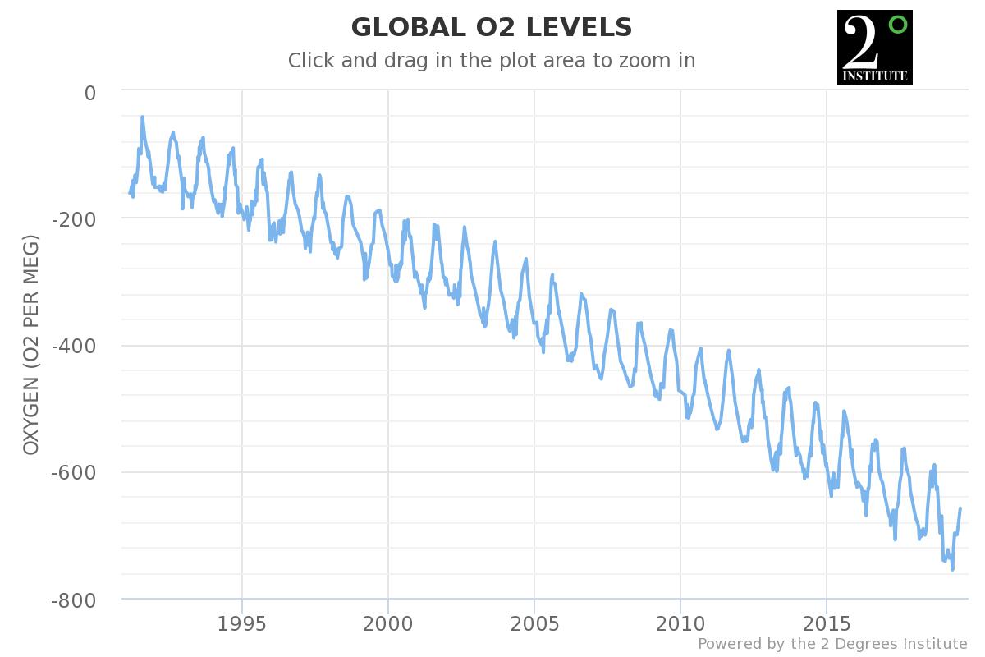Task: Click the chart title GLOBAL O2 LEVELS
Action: point(492,28)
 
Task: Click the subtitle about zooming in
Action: point(492,61)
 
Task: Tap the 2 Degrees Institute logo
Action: point(874,48)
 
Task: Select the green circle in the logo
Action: point(897,24)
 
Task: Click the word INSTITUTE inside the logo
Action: point(874,76)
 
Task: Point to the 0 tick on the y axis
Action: point(90,93)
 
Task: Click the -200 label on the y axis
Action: point(74,219)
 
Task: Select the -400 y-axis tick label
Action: point(74,346)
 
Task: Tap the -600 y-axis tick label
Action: point(74,473)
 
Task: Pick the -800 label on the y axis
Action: point(74,600)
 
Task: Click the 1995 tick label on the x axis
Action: point(242,622)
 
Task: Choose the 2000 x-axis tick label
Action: point(388,622)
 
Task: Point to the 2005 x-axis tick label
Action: point(534,622)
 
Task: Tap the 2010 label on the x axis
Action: point(680,622)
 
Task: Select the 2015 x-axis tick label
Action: point(827,622)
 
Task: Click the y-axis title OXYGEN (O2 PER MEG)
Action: point(32,345)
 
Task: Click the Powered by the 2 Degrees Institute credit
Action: point(832,643)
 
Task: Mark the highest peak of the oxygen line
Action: point(142,117)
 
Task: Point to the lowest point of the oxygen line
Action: point(952,569)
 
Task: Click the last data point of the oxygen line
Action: point(960,508)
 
